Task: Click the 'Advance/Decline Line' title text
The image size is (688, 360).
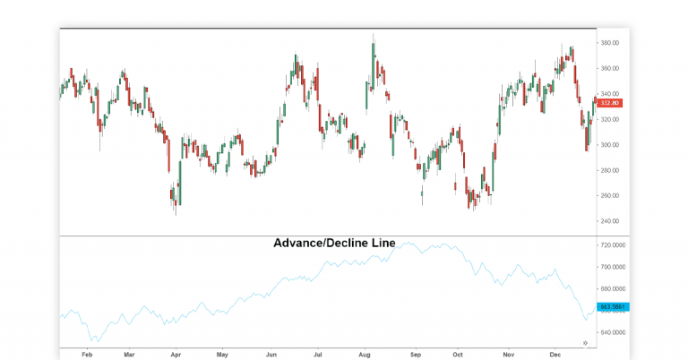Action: pos(334,243)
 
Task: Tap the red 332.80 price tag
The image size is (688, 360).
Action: pos(610,103)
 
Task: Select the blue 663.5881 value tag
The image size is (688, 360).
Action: pos(612,306)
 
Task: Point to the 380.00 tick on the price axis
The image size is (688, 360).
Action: pos(611,43)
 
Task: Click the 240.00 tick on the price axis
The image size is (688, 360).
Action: pos(611,221)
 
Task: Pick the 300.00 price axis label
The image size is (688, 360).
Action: pos(611,145)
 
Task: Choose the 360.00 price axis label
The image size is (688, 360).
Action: pos(611,68)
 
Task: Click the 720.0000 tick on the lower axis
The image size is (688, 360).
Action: pos(613,244)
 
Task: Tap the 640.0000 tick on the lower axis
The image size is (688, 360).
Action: pos(613,332)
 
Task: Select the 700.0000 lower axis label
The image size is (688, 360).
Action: pos(613,267)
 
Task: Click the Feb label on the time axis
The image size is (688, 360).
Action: pos(87,354)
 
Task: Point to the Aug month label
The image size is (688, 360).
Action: pos(364,354)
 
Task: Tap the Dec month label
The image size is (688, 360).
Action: pos(555,354)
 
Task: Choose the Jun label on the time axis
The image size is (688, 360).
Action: pos(271,354)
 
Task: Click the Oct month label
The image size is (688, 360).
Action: pos(459,354)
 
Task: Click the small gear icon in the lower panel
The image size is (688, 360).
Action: pos(585,343)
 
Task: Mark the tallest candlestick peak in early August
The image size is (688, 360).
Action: pos(373,36)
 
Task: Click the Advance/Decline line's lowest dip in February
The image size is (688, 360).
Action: pos(93,341)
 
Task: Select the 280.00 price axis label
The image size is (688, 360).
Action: pos(611,170)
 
